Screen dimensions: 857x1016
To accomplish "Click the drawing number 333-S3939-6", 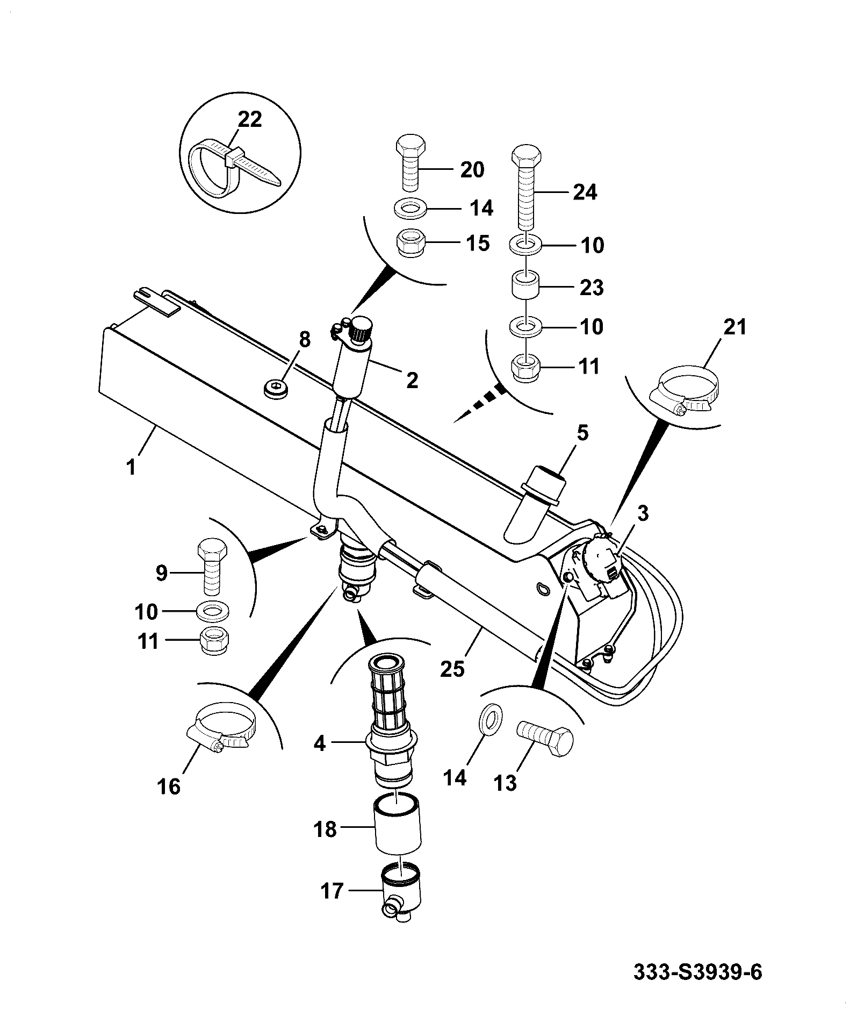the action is (698, 971).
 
